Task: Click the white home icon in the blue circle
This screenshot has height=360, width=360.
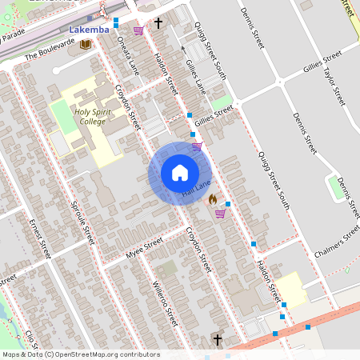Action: click(180, 173)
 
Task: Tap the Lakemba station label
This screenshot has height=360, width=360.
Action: click(88, 30)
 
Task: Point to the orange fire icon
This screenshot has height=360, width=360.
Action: click(212, 198)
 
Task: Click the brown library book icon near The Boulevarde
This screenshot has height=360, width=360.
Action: click(85, 44)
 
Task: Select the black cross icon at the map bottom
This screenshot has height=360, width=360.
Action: click(217, 340)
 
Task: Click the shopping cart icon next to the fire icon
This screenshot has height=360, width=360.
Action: click(219, 214)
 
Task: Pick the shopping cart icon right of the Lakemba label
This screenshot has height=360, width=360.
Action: click(138, 30)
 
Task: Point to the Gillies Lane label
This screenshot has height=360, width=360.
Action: click(196, 78)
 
